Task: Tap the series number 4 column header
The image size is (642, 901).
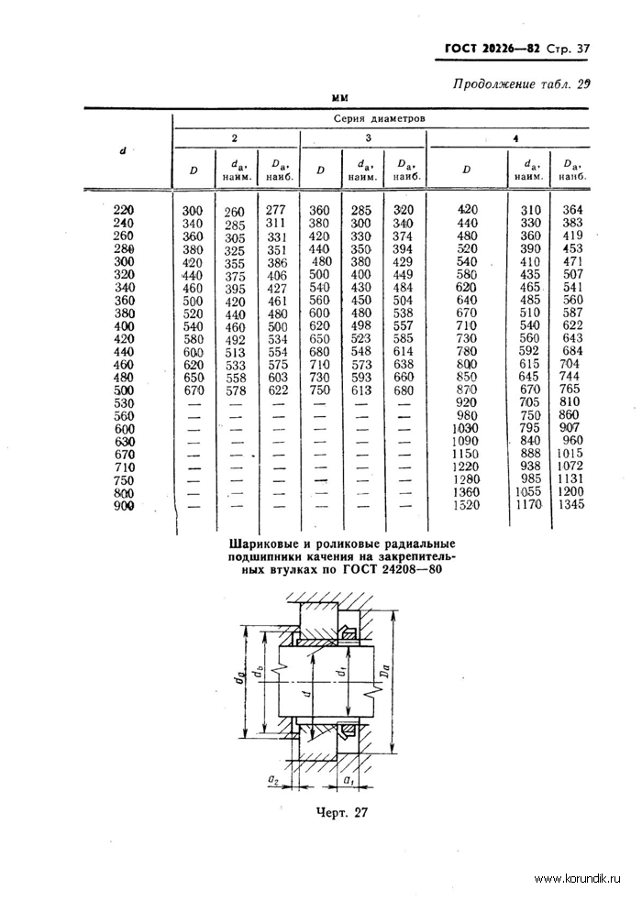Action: (x=515, y=137)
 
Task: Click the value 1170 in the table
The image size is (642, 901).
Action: (x=526, y=505)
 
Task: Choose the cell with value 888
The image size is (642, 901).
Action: (x=526, y=452)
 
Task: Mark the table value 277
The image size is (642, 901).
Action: (x=275, y=210)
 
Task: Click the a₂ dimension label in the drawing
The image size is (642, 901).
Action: (x=273, y=780)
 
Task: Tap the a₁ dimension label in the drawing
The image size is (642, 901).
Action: (x=349, y=780)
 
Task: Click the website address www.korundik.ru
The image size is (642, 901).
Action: (x=579, y=878)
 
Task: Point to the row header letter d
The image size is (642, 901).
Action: (x=123, y=149)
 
